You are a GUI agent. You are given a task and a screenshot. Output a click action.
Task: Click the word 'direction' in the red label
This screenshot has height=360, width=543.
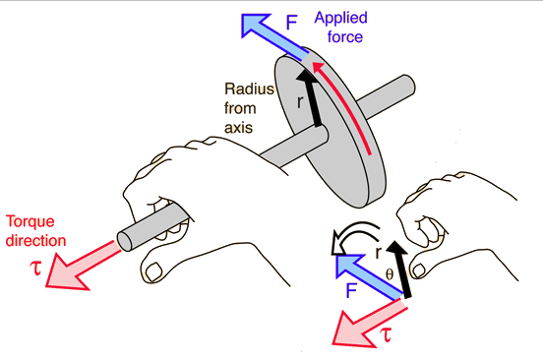(x=34, y=239)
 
